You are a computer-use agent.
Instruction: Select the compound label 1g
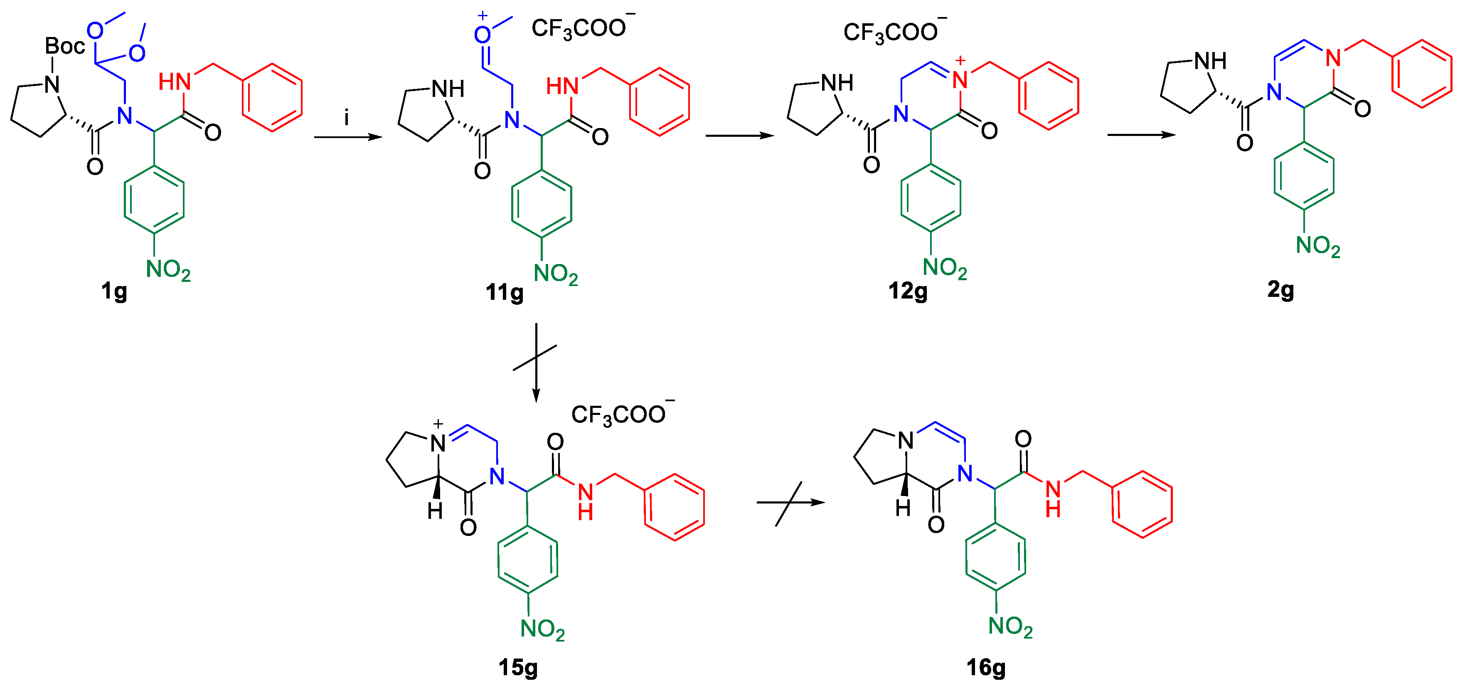coord(114,291)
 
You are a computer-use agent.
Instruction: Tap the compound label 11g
coord(505,292)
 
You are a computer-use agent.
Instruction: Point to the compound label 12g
coord(908,291)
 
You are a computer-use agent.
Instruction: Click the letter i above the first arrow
coord(346,118)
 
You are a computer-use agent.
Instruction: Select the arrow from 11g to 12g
coord(739,136)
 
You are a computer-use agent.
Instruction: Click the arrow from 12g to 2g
coord(1141,135)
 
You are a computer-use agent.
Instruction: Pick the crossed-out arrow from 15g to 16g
coord(790,503)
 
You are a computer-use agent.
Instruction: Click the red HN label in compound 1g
coord(174,82)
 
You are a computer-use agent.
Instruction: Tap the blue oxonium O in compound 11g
coord(482,35)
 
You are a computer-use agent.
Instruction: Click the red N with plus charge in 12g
coord(960,80)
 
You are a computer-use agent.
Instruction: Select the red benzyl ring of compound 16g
coord(1142,504)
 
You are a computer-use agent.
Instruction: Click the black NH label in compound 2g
coord(1210,61)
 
